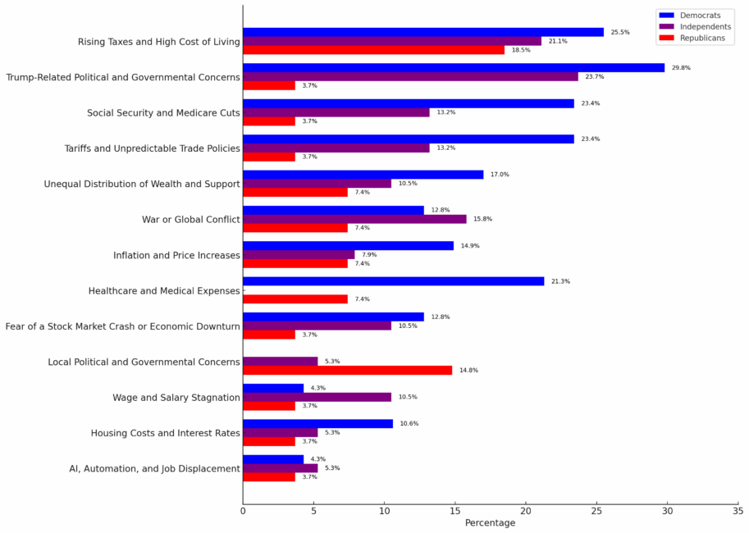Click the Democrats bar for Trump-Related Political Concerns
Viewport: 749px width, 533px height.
[x=454, y=67]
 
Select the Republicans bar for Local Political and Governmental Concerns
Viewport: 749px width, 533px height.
[x=347, y=370]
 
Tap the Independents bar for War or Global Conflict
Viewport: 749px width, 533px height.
[x=354, y=219]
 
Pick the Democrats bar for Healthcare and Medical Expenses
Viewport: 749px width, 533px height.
[x=393, y=281]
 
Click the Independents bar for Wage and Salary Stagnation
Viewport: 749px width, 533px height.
[x=317, y=397]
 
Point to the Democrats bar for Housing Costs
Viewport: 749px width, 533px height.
[x=317, y=424]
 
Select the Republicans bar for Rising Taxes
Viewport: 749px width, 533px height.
[x=373, y=50]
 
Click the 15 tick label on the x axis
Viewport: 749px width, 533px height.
[x=454, y=511]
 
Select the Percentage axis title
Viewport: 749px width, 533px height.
[x=490, y=523]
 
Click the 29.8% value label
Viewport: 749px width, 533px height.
[x=681, y=68]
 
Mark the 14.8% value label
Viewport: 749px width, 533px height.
[x=468, y=371]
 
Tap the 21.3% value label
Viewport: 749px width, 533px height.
[x=560, y=282]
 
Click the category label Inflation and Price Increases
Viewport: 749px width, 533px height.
[x=176, y=255]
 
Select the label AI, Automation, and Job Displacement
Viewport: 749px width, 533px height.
[x=154, y=469]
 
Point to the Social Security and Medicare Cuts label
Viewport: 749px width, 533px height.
[x=163, y=112]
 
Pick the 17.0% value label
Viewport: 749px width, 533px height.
[x=500, y=175]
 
